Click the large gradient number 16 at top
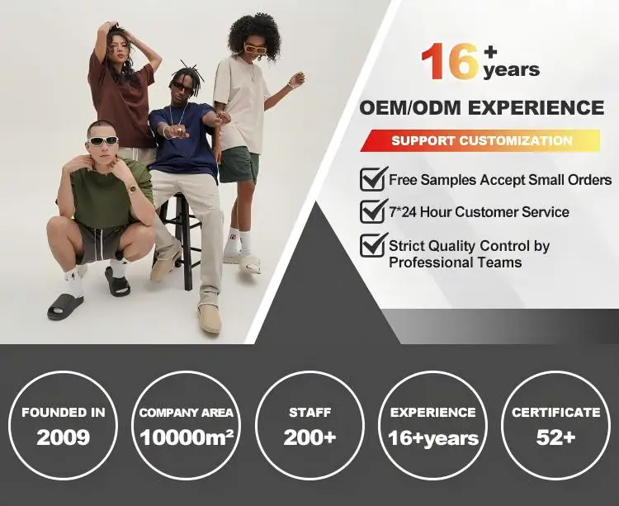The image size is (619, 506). [451, 61]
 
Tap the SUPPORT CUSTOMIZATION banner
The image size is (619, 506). [480, 140]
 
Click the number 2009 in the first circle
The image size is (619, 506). [64, 437]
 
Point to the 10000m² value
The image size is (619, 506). [187, 437]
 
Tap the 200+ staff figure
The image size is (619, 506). [309, 437]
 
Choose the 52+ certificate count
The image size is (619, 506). [555, 437]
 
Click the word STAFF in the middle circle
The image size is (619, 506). [309, 413]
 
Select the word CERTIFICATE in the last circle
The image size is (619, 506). [555, 413]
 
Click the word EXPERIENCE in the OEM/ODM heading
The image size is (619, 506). [537, 108]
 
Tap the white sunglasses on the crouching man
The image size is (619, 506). [102, 140]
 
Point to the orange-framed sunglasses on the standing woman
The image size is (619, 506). [255, 49]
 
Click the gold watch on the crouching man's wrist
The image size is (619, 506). [132, 189]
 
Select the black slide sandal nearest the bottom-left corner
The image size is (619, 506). [65, 306]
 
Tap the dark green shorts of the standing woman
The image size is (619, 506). [239, 164]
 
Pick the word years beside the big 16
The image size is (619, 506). [511, 70]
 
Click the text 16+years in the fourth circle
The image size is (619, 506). [432, 438]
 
